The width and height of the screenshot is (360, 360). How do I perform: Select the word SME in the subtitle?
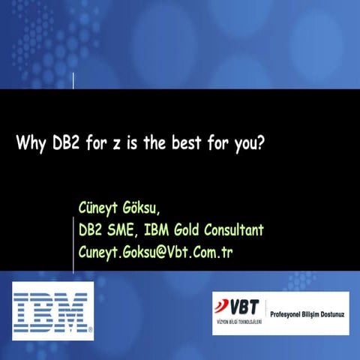[x=122, y=229]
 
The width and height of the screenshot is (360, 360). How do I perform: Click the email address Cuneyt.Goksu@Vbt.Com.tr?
[x=155, y=251]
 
